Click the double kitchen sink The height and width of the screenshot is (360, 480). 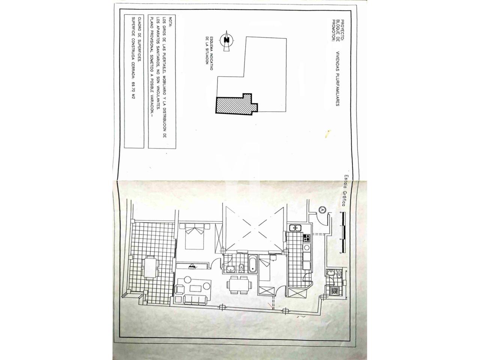tap(295, 228)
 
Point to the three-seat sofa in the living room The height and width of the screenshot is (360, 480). tap(195, 300)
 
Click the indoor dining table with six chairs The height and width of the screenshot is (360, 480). tap(239, 284)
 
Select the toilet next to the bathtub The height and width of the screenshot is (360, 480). tap(241, 267)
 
